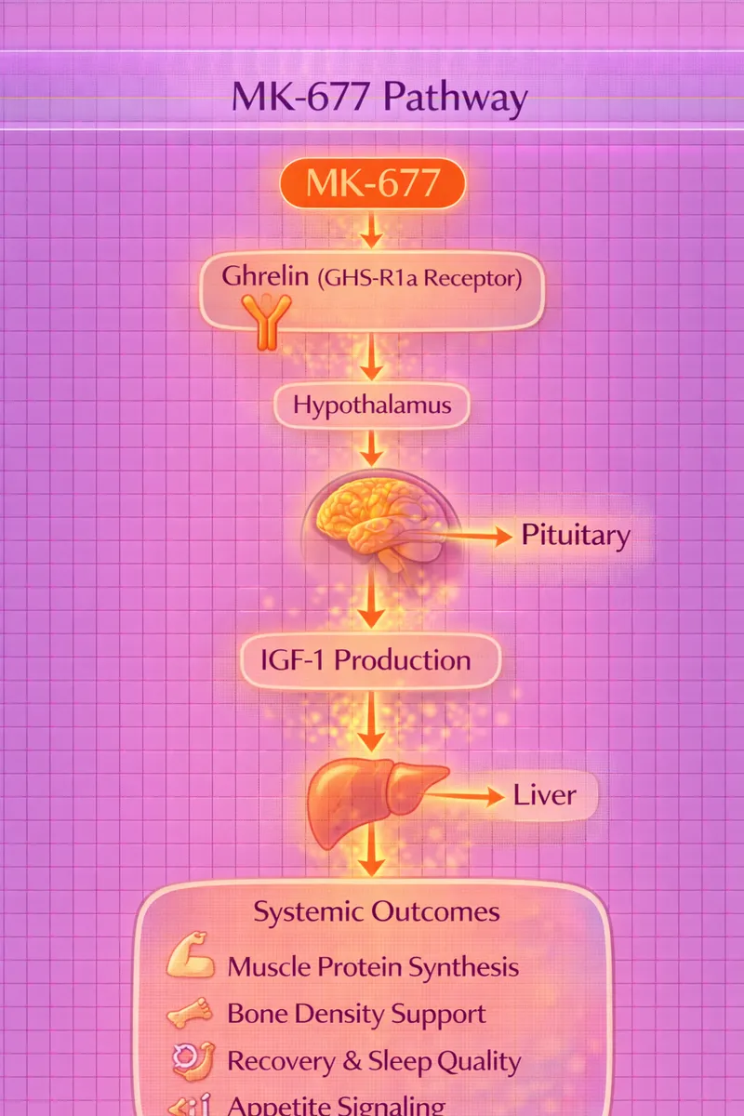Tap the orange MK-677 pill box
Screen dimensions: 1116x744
pos(372,183)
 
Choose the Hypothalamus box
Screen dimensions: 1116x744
pos(372,405)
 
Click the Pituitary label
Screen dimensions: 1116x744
pos(575,536)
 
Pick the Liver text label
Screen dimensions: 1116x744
pos(545,796)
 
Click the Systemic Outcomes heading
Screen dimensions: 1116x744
pos(377,911)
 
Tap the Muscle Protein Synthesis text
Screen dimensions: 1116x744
pos(373,966)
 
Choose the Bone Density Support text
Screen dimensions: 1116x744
pos(356,1014)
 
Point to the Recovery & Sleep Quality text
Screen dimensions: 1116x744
pos(374,1061)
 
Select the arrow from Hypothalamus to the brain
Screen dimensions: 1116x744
pos(372,450)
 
